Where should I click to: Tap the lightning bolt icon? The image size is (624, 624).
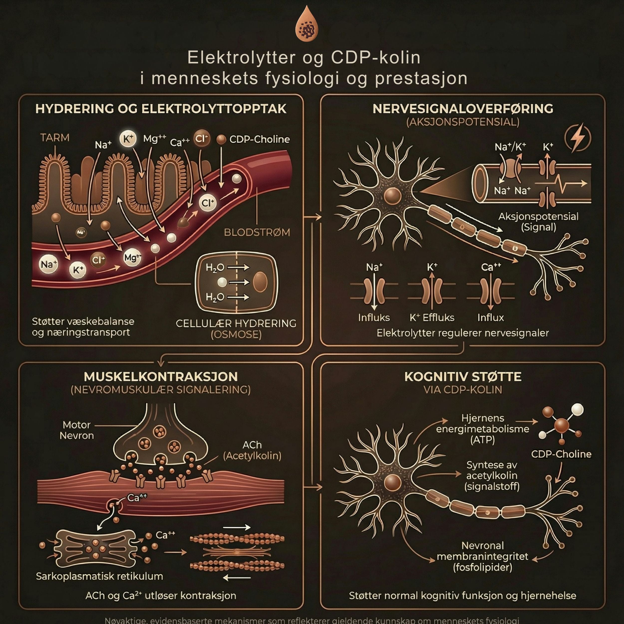pos(578,137)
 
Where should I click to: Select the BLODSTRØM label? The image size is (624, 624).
pos(257,232)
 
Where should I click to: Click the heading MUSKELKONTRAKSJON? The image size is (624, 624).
pos(160,377)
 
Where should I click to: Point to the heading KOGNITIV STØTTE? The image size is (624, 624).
pos(463,377)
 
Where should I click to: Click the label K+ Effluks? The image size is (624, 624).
pos(432,317)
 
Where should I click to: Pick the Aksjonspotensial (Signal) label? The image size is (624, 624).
pos(538,222)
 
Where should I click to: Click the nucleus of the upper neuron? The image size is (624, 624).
pos(392,195)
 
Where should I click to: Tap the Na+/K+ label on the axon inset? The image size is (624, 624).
pos(510,147)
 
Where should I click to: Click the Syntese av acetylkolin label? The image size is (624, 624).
pos(491,475)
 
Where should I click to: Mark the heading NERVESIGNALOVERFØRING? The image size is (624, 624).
pos(463,109)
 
